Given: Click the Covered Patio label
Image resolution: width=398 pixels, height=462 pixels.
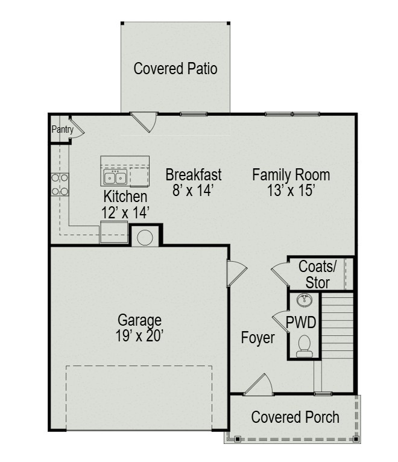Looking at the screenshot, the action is (x=175, y=68).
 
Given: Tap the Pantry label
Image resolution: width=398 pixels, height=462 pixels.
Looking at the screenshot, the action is (x=63, y=129).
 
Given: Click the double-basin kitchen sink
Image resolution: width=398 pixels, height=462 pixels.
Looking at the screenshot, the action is (x=115, y=177).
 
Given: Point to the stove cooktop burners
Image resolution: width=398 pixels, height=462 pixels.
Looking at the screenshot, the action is (x=60, y=185).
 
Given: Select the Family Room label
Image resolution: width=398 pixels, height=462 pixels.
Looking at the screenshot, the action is (x=291, y=175).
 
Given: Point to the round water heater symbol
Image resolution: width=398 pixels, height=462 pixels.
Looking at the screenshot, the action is (x=145, y=238).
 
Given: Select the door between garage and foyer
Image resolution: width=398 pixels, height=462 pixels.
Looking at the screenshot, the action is (x=236, y=273).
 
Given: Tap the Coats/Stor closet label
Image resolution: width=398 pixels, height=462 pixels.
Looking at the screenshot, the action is (x=317, y=274).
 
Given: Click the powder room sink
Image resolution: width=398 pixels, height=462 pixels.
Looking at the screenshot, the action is (x=305, y=300).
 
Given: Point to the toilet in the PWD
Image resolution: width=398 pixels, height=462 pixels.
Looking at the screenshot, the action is (x=305, y=346).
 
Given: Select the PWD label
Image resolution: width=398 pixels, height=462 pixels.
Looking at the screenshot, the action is (x=301, y=322).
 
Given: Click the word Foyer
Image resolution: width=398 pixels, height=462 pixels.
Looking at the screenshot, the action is (x=257, y=337).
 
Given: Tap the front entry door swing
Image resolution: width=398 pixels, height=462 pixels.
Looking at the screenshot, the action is (x=259, y=385).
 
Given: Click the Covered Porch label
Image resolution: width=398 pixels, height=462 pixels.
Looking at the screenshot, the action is (x=295, y=417).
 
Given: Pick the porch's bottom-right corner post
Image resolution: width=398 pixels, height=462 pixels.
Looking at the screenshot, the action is (x=356, y=439).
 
